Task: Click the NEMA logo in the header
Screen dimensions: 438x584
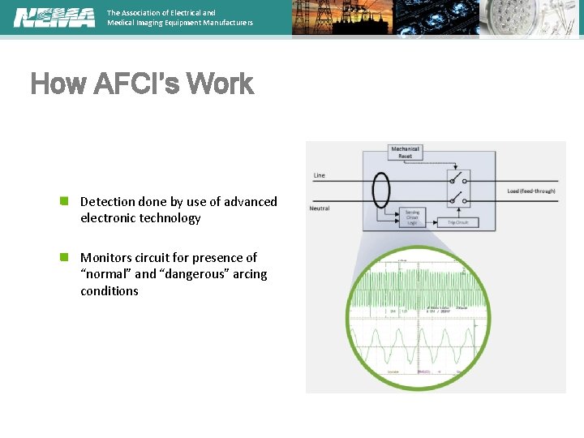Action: click(x=54, y=17)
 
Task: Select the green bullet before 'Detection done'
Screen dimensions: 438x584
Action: click(x=63, y=200)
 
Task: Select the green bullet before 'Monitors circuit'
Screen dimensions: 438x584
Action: click(x=63, y=257)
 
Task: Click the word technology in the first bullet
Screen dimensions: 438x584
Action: click(x=171, y=218)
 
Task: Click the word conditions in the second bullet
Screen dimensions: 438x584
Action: click(x=109, y=291)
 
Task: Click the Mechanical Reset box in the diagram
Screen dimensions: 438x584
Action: click(x=406, y=152)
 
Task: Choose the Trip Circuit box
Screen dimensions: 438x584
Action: click(x=459, y=221)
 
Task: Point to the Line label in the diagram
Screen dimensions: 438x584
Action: click(x=319, y=175)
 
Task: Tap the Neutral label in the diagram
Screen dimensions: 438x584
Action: click(x=320, y=208)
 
